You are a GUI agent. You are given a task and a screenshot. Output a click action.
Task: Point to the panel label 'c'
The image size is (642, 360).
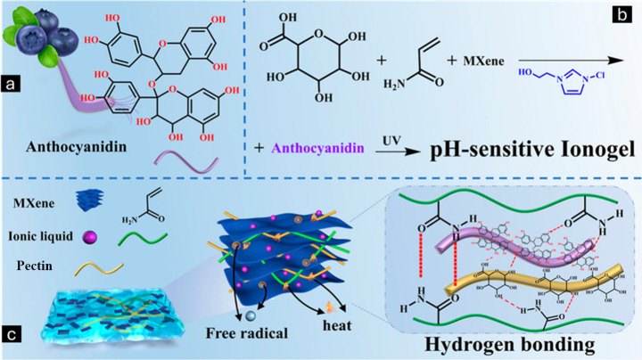12,337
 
